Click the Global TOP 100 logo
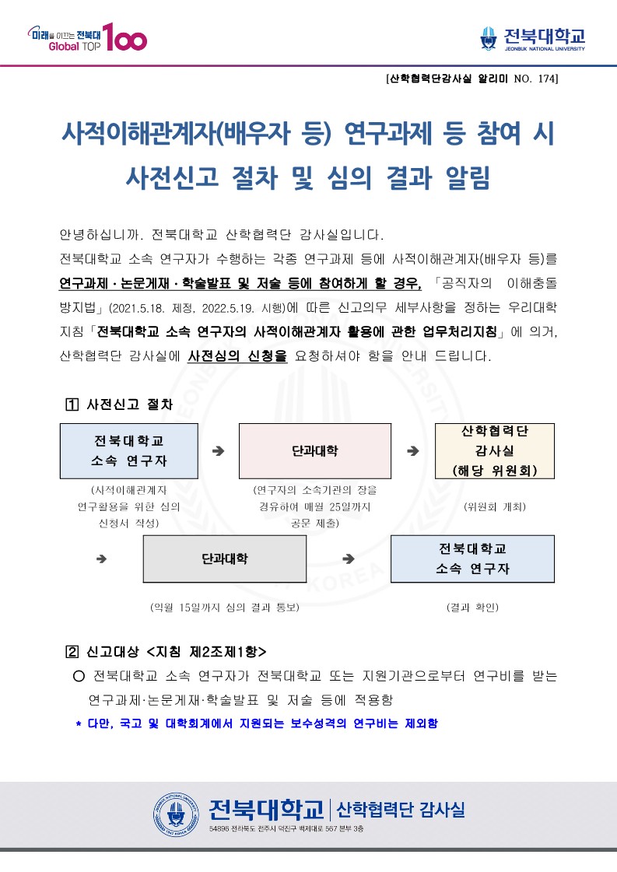86,37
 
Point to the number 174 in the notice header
545,79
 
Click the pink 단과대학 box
314,450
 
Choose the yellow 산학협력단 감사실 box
494,450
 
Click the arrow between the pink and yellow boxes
413,450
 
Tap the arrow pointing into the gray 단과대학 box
101,559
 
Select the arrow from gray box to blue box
349,559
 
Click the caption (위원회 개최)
495,506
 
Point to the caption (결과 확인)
472,606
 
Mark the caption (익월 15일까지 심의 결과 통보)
225,606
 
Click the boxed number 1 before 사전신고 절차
72,404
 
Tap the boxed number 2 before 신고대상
72,651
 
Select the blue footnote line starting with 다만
257,723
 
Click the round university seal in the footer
177,811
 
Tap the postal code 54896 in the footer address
220,830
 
